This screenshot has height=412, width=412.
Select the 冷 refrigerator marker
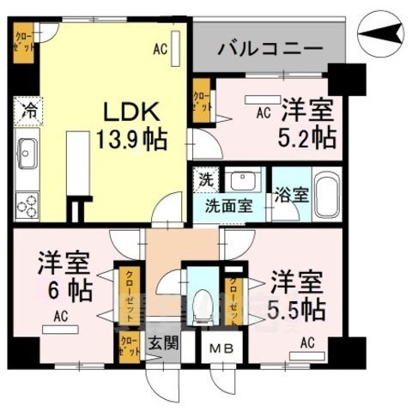pos(26,112)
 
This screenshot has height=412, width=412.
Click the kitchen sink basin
pos(27,154)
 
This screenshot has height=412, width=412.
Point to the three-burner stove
pos(27,205)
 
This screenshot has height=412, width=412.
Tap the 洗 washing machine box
pos(206,180)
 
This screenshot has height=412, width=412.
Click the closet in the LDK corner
pos(23,44)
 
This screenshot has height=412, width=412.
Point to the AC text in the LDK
pos(160,50)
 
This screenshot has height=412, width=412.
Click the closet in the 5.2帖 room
pos(203,102)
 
